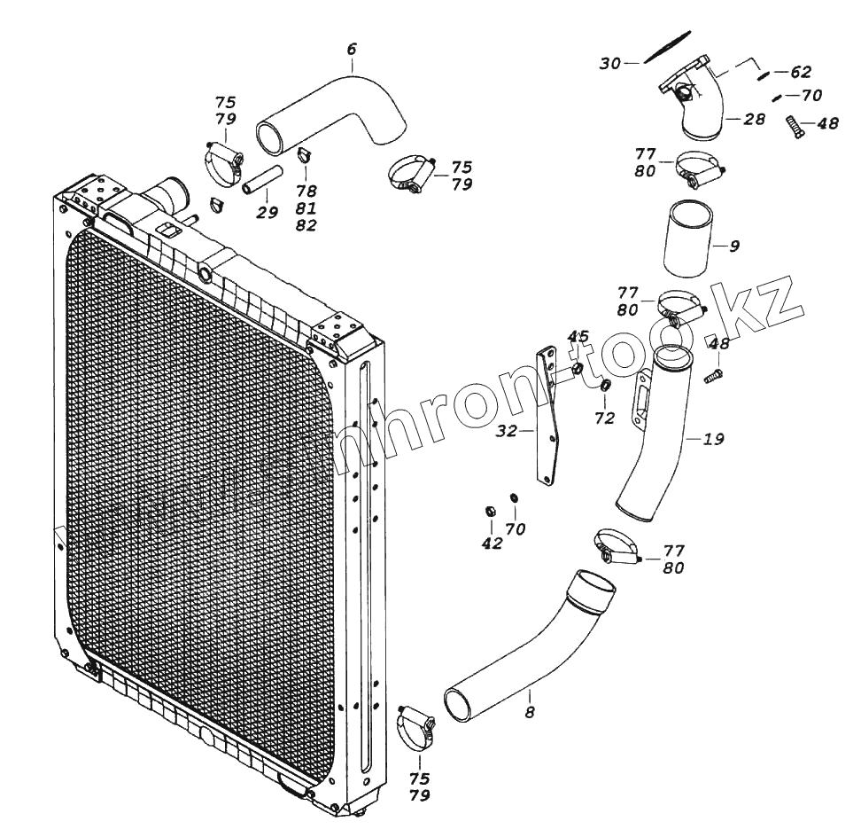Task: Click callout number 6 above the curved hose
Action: [x=352, y=50]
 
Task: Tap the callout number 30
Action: [x=610, y=64]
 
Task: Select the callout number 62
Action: [x=800, y=72]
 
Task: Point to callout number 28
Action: [x=754, y=119]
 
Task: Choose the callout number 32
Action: [x=506, y=431]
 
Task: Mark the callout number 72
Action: [x=604, y=418]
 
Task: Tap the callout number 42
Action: [x=491, y=544]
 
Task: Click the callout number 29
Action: [x=267, y=212]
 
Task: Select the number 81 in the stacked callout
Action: [x=306, y=208]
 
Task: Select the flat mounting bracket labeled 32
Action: [x=549, y=417]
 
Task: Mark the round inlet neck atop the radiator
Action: [x=169, y=192]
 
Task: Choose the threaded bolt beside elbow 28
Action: [x=794, y=128]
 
